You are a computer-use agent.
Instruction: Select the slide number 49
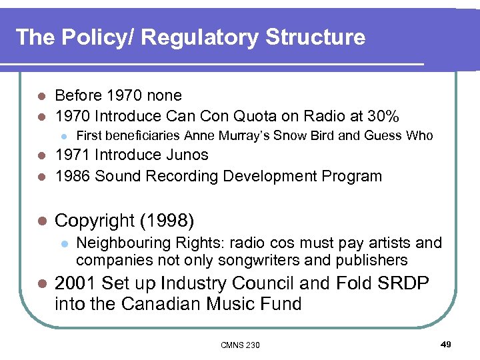tap(446, 344)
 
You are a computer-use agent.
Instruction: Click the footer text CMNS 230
tap(240, 345)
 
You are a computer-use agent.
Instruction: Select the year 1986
tap(72, 177)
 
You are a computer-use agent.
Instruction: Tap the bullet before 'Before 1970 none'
tap(41, 96)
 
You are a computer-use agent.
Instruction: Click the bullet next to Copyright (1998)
tap(41, 221)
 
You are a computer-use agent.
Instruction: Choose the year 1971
tap(72, 155)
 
